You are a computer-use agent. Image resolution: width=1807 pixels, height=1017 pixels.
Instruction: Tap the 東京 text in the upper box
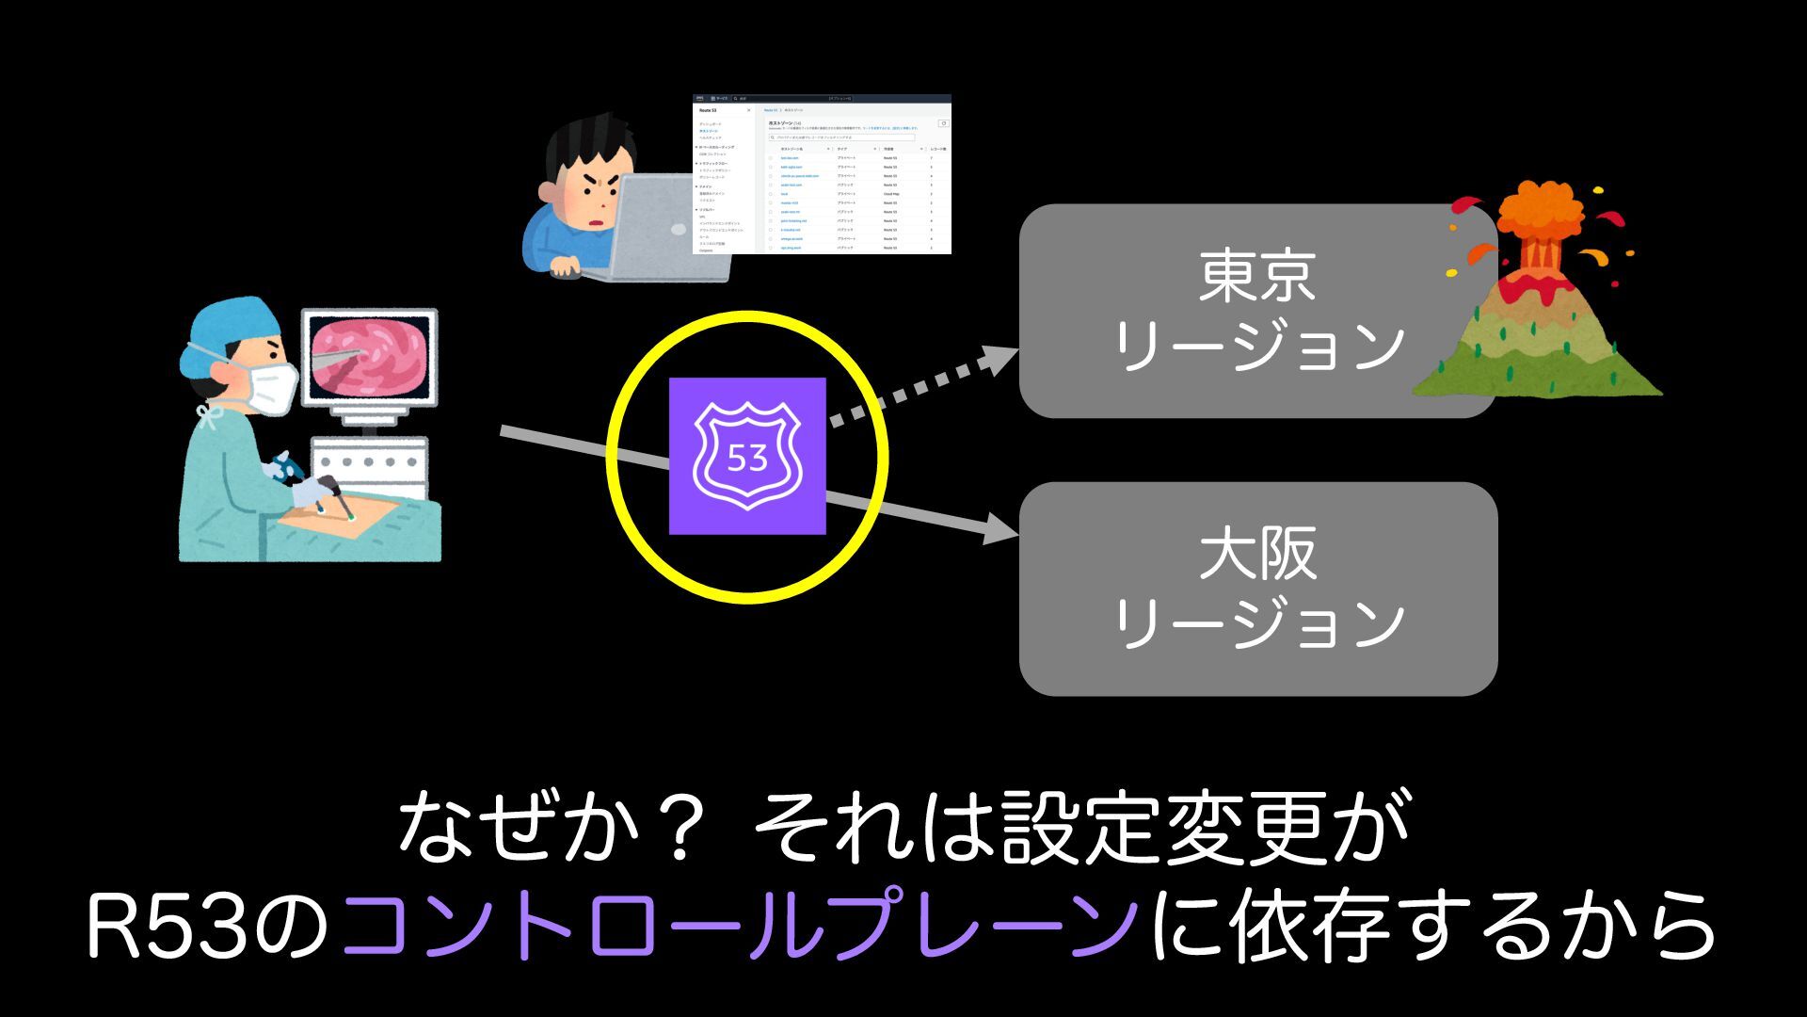click(1257, 276)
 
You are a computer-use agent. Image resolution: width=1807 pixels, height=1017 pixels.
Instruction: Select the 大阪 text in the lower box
click(1257, 555)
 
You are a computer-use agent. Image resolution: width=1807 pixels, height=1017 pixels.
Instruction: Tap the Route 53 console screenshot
click(822, 174)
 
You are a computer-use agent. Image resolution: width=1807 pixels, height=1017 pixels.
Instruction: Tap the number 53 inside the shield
click(747, 459)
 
